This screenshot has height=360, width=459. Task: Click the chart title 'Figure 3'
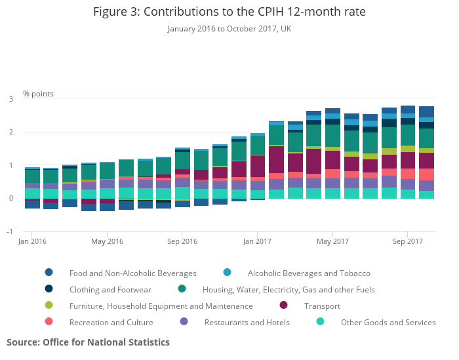229,12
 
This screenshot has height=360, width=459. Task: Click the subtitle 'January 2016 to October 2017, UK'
229,28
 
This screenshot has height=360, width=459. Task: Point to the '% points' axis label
39,94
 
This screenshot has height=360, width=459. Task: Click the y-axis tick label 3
11,99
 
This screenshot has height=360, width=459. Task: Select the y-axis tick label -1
10,231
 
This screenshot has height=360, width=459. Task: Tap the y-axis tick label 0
11,199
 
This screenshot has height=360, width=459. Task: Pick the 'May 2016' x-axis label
107,241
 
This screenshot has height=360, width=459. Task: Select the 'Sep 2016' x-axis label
182,241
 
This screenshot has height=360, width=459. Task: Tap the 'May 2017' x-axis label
332,241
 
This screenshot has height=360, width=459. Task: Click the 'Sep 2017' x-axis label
407,241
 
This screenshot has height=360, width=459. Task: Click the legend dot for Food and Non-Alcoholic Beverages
49,273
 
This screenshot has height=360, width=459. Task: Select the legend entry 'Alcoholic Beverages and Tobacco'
309,273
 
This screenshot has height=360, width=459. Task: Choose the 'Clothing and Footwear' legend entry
110,289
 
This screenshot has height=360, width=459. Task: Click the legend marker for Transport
284,306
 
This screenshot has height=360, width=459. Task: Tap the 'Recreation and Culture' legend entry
111,322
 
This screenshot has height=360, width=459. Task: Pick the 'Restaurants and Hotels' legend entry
247,322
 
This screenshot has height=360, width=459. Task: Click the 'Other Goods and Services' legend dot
321,322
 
